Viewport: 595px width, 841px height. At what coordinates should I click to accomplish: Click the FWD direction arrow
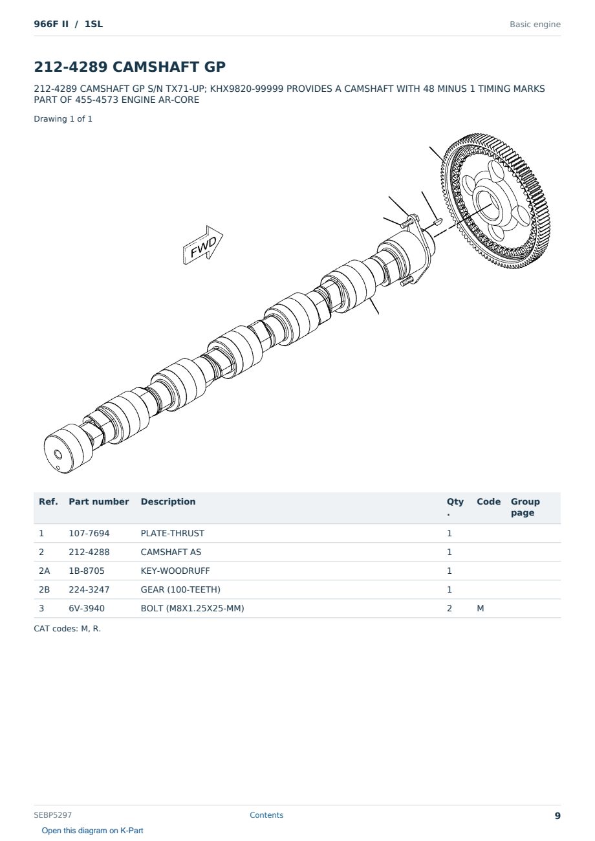click(x=202, y=245)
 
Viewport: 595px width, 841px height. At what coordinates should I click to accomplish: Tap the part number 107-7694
click(x=89, y=533)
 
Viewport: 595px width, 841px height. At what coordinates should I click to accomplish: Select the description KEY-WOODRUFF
click(x=175, y=571)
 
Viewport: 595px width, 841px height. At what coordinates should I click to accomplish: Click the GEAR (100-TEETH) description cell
click(x=180, y=589)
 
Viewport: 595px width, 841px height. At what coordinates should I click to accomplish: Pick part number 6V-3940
click(x=87, y=608)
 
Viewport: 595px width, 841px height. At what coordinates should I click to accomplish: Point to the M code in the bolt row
click(x=480, y=608)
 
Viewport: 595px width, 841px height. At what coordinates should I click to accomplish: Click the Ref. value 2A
click(x=44, y=571)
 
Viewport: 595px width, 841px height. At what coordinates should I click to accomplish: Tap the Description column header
click(x=168, y=501)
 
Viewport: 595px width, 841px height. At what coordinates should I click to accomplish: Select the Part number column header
click(x=98, y=501)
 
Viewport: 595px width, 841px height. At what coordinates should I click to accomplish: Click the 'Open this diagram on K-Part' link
click(x=92, y=830)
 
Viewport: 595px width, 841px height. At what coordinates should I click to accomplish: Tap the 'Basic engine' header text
click(x=535, y=25)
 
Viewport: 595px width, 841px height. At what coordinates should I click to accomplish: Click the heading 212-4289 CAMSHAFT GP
click(x=129, y=67)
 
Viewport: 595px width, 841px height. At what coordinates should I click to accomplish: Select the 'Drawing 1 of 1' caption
click(x=63, y=119)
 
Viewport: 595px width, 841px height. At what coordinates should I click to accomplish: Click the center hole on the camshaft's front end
click(x=58, y=455)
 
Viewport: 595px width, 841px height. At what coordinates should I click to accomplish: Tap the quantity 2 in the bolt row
click(x=449, y=608)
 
